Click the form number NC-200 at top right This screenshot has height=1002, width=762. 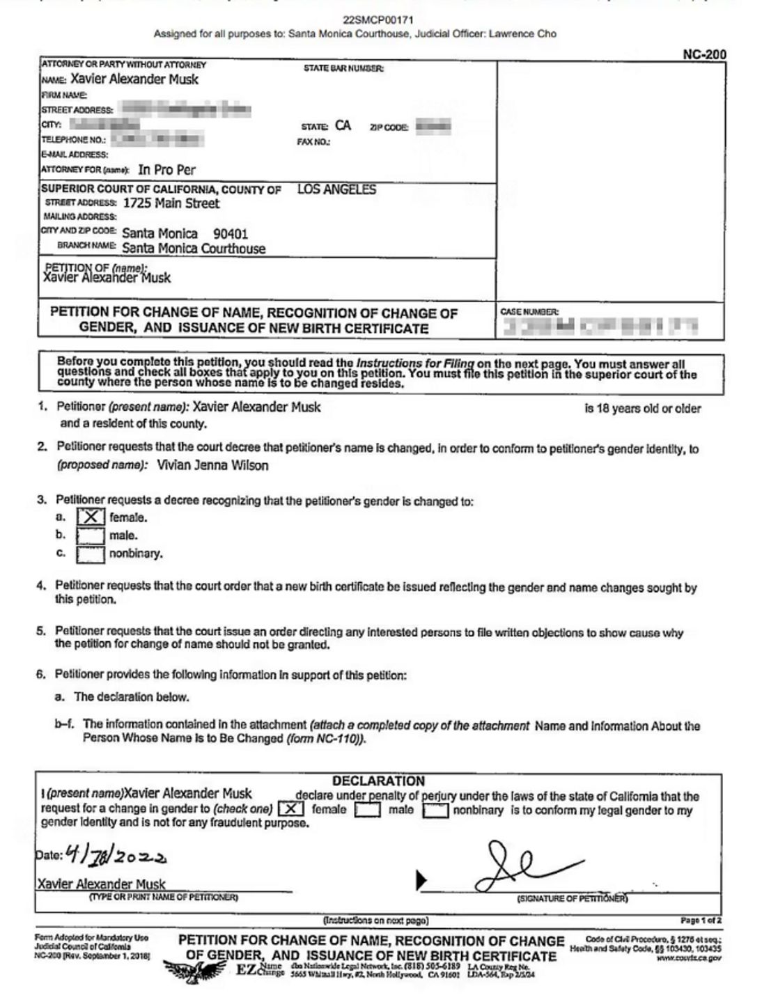click(x=705, y=55)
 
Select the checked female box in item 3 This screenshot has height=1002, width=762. click(x=91, y=517)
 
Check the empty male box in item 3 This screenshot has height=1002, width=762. click(x=91, y=535)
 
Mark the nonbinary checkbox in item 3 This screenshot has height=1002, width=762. click(x=91, y=554)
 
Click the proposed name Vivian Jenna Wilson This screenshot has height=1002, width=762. click(x=212, y=465)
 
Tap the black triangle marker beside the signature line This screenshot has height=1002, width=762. click(x=421, y=880)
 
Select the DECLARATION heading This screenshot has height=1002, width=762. click(x=378, y=781)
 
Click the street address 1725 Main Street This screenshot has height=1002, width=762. click(x=171, y=203)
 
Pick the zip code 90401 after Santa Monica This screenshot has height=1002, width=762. click(x=231, y=234)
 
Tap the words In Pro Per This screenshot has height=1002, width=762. click(x=167, y=170)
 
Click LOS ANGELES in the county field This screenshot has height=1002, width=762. click(x=336, y=189)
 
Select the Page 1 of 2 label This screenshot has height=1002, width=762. click(x=701, y=921)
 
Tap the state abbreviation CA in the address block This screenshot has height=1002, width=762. click(x=343, y=126)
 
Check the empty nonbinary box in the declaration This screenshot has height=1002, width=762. click(x=435, y=811)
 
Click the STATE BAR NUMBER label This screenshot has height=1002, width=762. click(x=343, y=68)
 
